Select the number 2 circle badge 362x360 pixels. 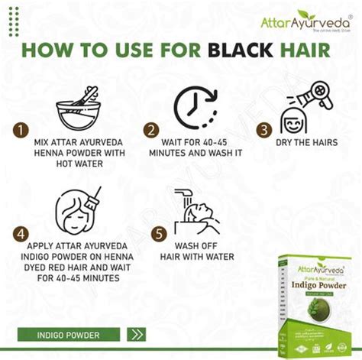[x=151, y=131]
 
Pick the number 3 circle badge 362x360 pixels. [x=263, y=131]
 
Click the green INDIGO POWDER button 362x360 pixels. [x=68, y=334]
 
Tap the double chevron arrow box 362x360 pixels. [x=137, y=334]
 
